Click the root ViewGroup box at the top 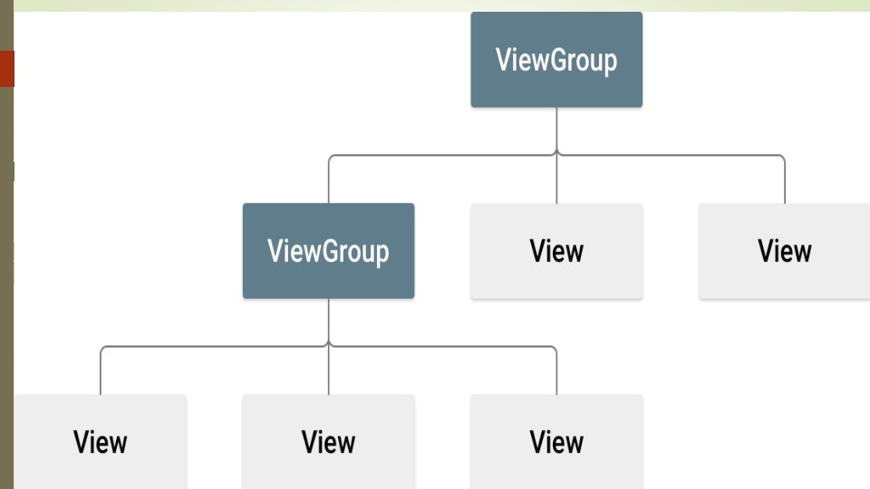coord(556,60)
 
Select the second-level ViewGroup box coord(328,251)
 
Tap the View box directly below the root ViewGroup coord(556,251)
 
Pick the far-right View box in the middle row coord(784,251)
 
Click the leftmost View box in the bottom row coord(100,441)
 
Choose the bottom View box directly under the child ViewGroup coord(328,441)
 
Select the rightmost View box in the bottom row coord(556,441)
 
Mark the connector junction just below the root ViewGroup coord(556,155)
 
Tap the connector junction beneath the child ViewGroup coord(328,346)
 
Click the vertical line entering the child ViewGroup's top coord(328,181)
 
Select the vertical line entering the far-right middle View coord(785,181)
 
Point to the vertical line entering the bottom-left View coord(100,372)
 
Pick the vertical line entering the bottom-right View coord(556,372)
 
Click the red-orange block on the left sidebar coord(6,69)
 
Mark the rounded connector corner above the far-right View coord(782,158)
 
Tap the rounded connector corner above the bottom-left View coord(102,349)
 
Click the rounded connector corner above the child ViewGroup coord(331,158)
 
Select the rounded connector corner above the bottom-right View coord(554,349)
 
